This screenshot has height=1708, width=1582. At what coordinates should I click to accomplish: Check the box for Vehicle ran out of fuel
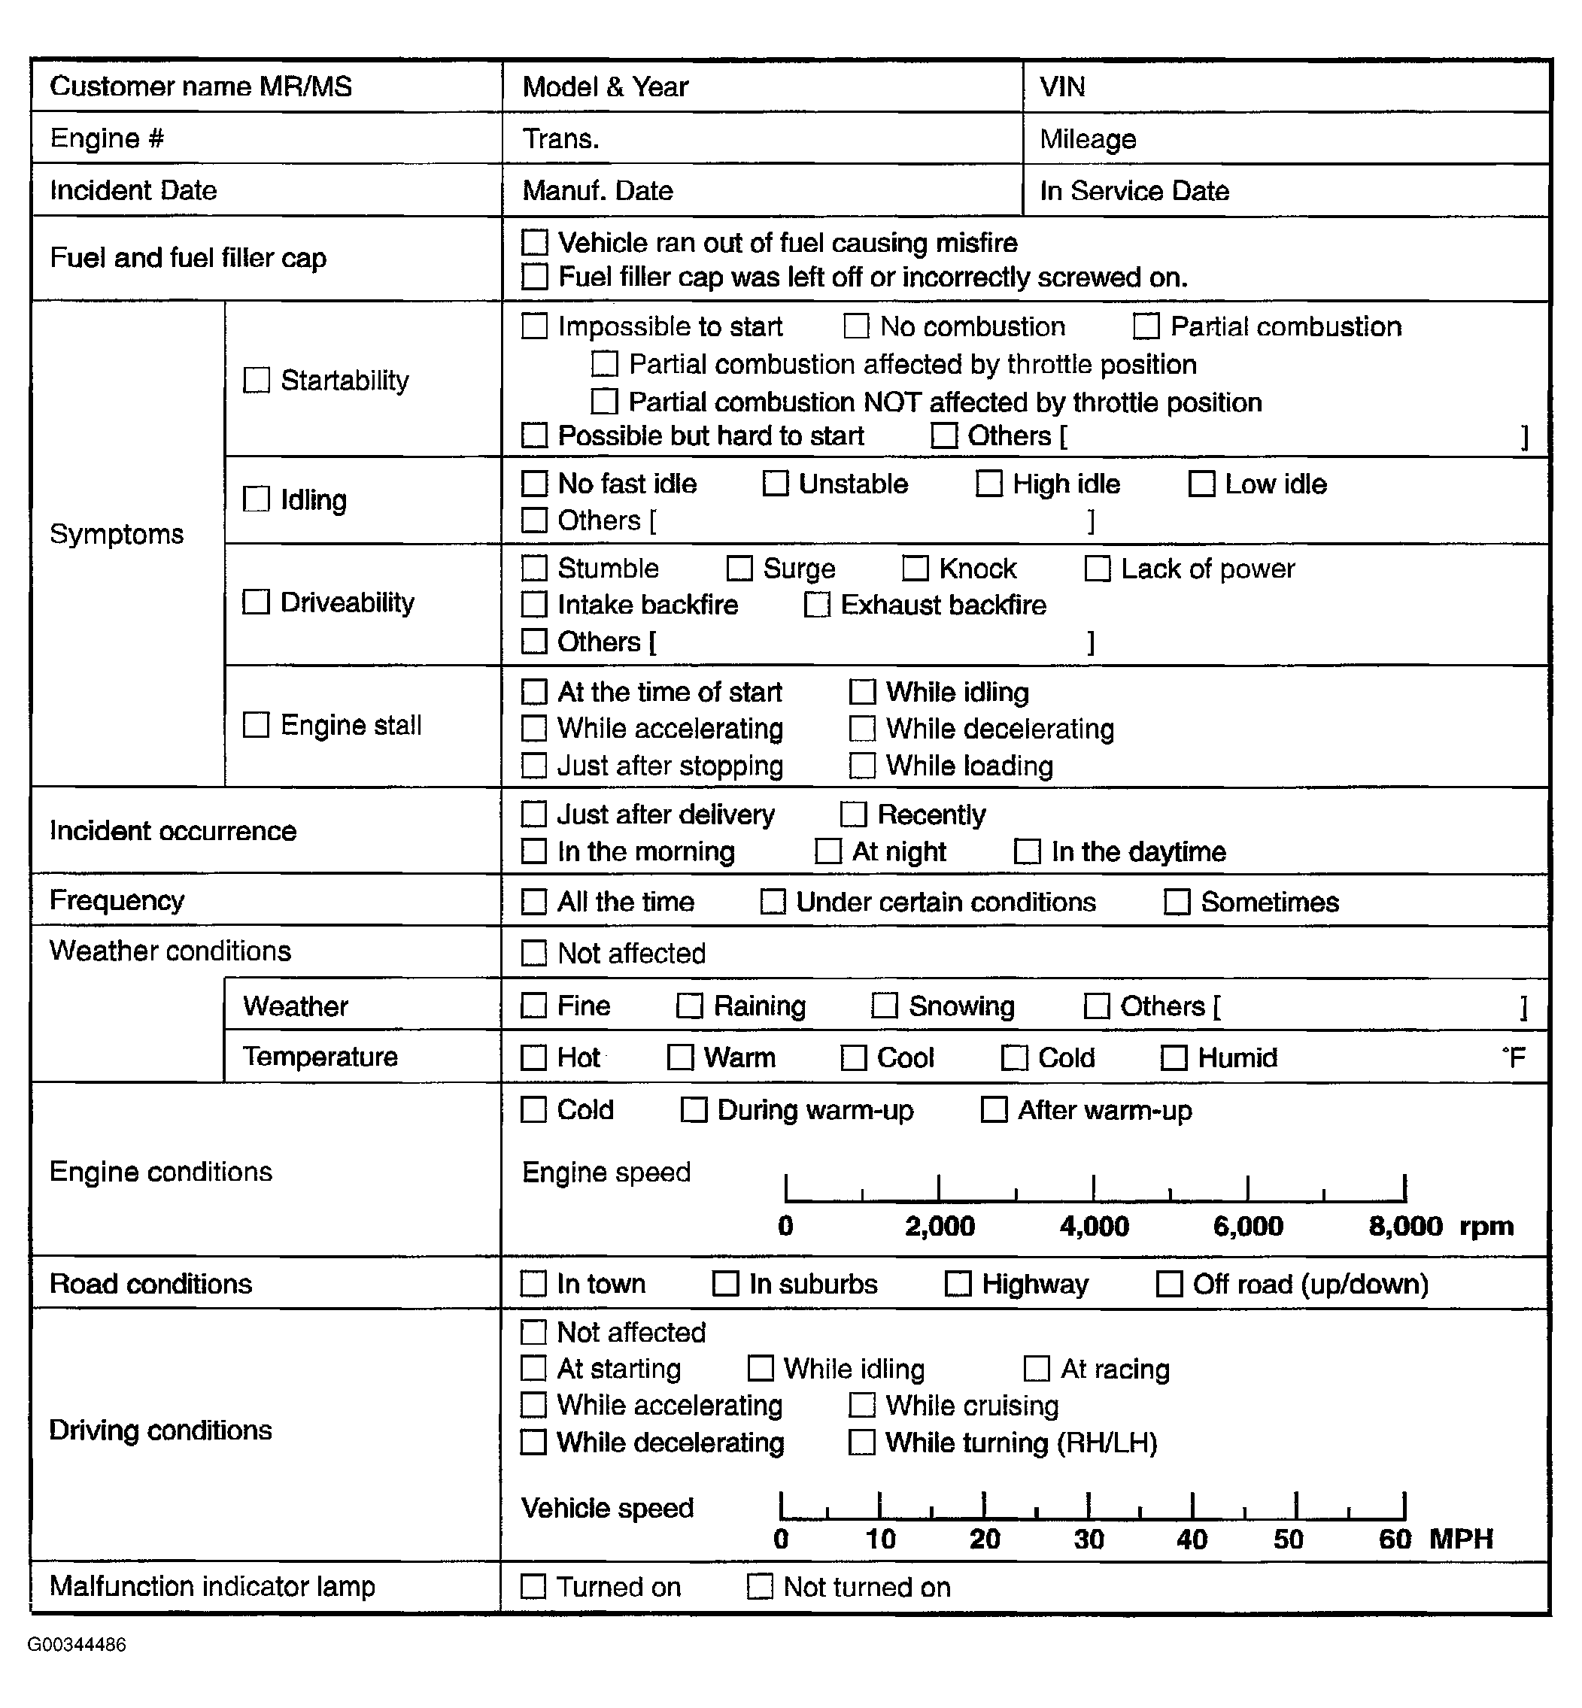(535, 242)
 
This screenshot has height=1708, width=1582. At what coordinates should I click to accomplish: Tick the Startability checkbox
(257, 380)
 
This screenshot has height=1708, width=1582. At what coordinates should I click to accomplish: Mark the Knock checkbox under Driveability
(915, 568)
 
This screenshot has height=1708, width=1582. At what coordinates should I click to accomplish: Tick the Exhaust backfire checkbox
(817, 605)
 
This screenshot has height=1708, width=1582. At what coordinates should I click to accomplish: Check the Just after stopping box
(534, 766)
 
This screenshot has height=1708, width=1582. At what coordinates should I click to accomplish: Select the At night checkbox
(827, 851)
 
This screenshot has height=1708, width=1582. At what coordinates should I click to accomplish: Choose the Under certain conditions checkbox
(773, 902)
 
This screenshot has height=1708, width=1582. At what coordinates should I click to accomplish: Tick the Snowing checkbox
(885, 1006)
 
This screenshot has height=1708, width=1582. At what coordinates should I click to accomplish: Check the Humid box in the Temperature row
(1174, 1057)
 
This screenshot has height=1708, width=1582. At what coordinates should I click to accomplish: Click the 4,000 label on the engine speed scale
(1094, 1226)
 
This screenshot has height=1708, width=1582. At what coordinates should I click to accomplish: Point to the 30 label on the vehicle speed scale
(1089, 1540)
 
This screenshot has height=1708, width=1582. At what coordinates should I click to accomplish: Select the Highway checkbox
(958, 1284)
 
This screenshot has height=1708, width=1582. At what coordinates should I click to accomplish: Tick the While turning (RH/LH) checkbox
(861, 1443)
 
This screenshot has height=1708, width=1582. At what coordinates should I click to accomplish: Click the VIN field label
(1062, 86)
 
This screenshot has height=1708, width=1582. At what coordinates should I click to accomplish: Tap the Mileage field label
(1088, 138)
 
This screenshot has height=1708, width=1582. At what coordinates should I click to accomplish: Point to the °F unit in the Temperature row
(1513, 1057)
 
